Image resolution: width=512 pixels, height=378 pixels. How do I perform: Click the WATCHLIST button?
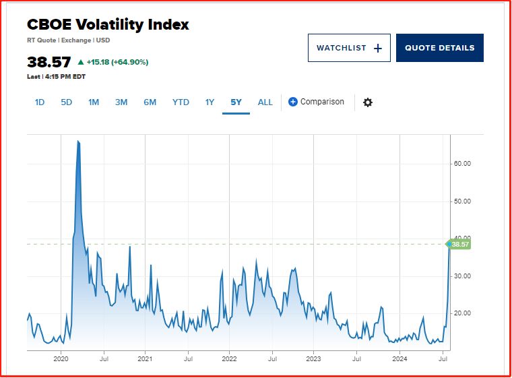(349, 48)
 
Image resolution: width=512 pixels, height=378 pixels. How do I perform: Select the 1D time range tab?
(40, 102)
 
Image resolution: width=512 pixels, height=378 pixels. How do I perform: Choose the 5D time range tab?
(66, 102)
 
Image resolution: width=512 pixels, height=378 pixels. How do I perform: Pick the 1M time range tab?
(94, 102)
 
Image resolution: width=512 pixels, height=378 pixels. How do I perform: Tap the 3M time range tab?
(121, 102)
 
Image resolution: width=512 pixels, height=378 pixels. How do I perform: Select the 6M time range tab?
(150, 102)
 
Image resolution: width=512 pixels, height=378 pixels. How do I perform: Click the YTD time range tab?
(181, 102)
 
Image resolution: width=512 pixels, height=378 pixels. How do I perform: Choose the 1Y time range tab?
(210, 102)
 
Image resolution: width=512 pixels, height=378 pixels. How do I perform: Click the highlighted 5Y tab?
(236, 102)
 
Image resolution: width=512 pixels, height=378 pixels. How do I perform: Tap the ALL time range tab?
(265, 102)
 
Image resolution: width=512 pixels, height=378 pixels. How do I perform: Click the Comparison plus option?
(316, 102)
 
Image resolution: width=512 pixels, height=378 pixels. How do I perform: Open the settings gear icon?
(367, 102)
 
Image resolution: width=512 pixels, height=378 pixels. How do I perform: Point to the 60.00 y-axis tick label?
(462, 164)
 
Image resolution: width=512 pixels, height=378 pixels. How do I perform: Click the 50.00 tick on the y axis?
(462, 201)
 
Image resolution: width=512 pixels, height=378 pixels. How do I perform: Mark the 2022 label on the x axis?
(229, 359)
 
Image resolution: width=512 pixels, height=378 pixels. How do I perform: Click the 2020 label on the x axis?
(61, 359)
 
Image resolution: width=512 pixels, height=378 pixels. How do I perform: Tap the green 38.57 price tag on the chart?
(459, 245)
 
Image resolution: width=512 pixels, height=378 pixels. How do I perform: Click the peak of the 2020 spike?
(78, 141)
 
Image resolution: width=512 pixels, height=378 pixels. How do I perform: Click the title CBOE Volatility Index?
(108, 25)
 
